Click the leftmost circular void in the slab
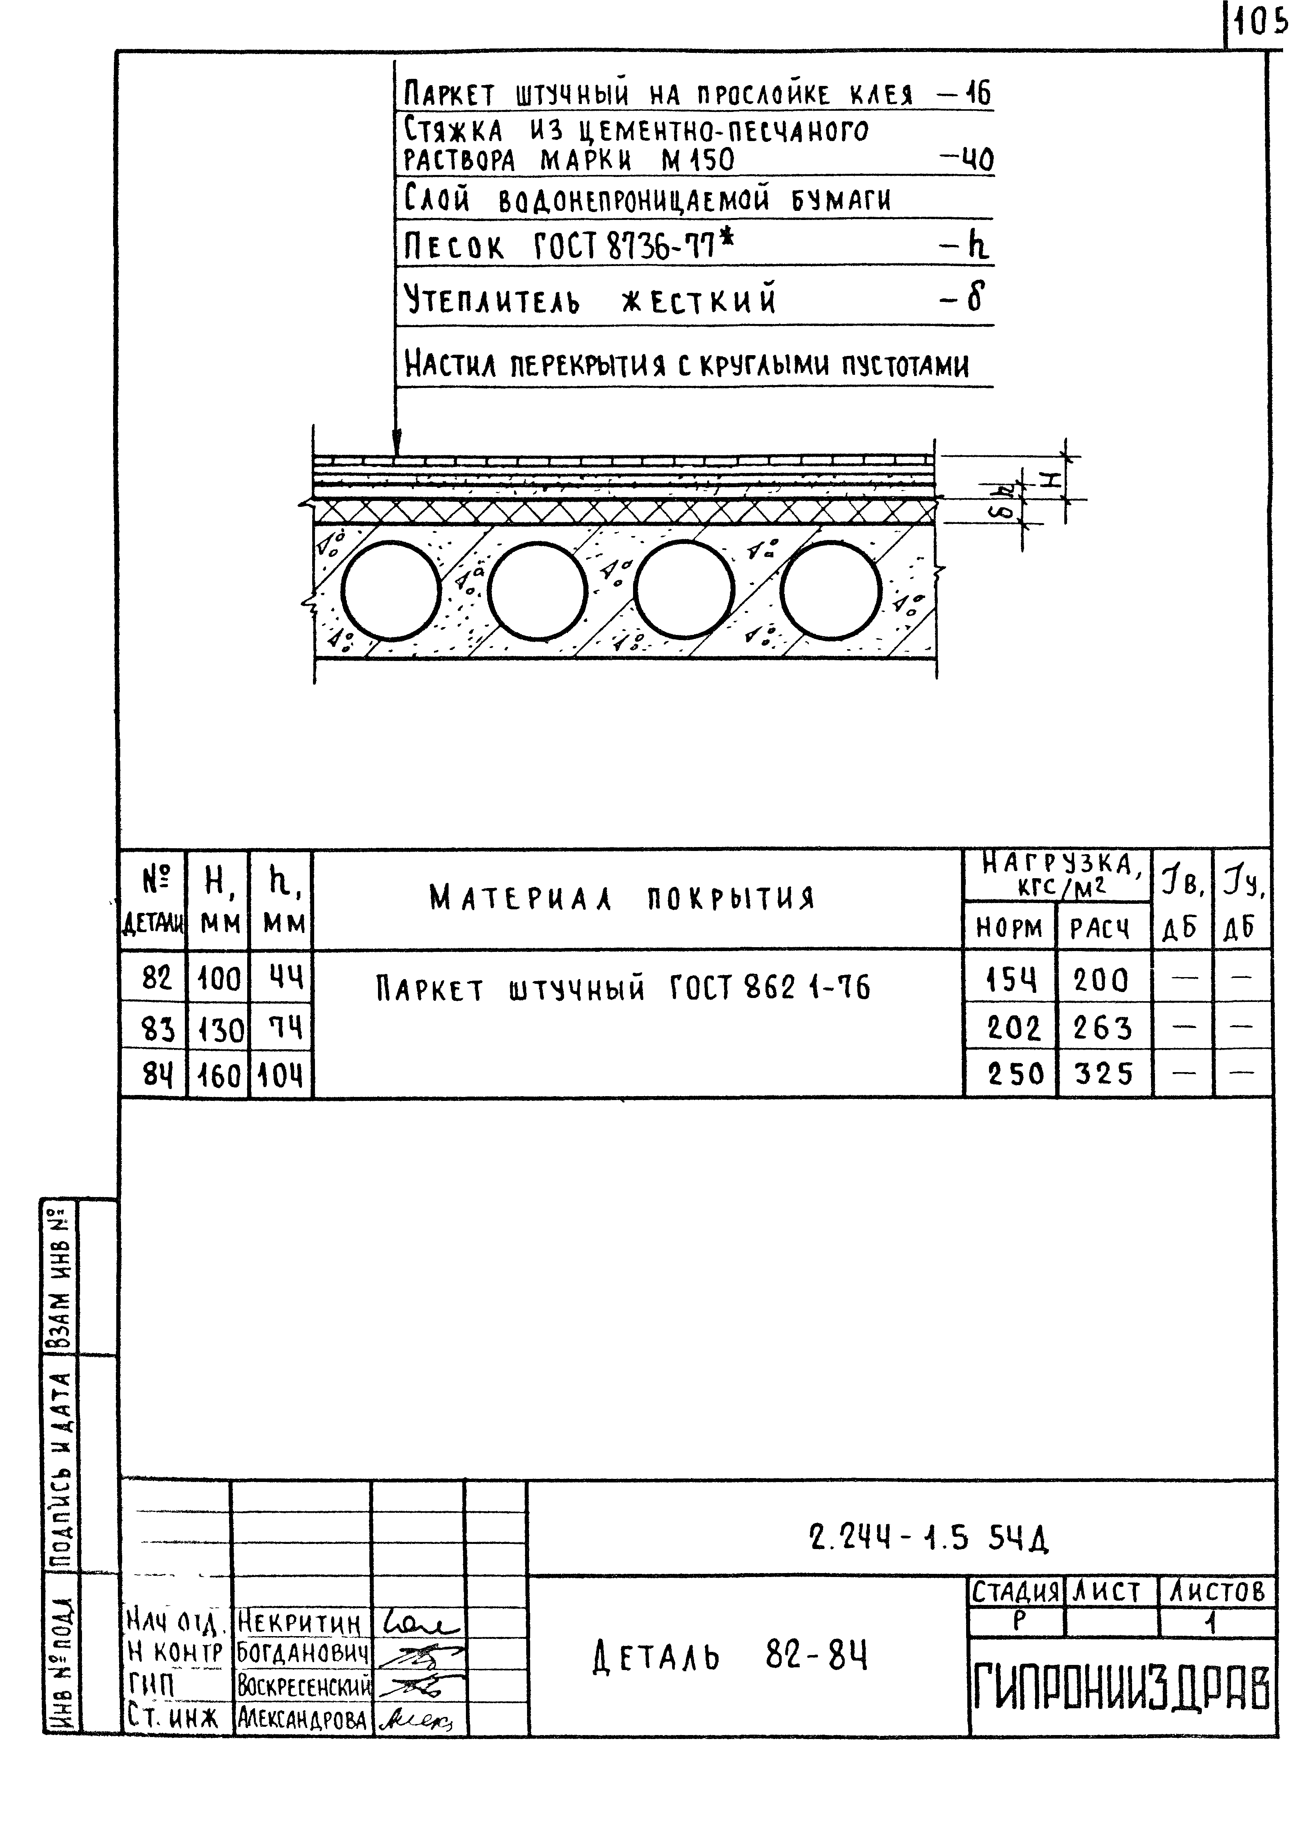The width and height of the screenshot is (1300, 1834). coord(391,592)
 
